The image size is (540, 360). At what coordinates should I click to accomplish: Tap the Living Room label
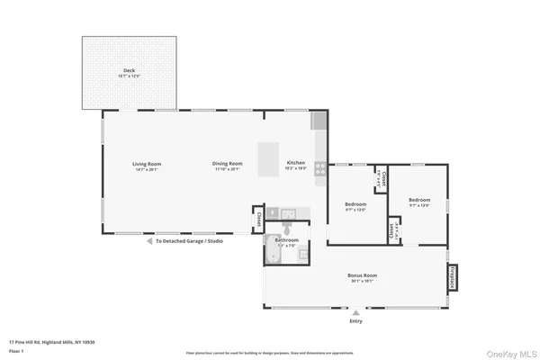146,164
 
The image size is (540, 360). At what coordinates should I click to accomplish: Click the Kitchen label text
296,164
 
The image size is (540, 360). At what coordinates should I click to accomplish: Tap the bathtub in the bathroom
274,255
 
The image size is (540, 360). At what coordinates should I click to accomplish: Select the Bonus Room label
362,274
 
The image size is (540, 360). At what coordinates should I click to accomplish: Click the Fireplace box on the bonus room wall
452,277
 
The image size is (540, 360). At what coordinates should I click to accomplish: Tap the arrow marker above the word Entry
356,312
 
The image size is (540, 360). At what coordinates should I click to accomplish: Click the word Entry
356,321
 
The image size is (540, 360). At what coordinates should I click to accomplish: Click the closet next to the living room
257,219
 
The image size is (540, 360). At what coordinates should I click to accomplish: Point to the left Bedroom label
355,204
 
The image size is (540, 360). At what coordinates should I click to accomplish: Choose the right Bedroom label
419,200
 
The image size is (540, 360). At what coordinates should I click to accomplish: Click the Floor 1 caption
15,351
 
